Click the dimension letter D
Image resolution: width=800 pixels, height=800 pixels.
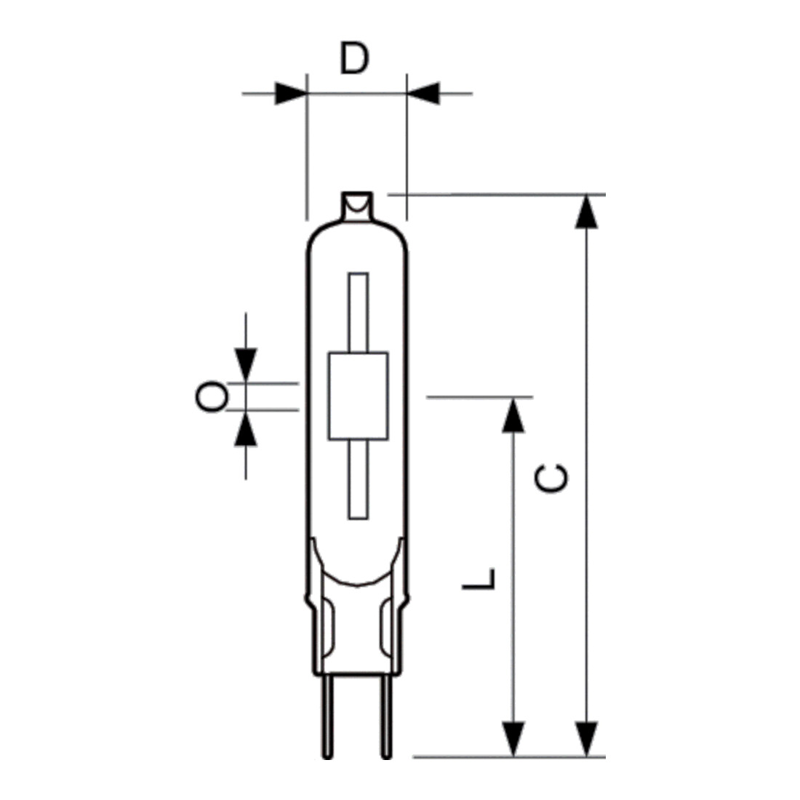(354, 58)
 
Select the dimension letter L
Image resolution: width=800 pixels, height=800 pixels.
(479, 579)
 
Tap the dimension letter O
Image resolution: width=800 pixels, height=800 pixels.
(212, 396)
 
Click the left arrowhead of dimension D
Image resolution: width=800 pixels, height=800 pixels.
(291, 93)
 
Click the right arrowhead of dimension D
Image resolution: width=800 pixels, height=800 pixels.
(423, 93)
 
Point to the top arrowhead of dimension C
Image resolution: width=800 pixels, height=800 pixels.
(586, 212)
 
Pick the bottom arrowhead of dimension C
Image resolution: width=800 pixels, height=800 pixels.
(586, 740)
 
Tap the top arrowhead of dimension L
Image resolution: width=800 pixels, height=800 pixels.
(513, 415)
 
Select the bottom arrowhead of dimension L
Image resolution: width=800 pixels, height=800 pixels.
(513, 740)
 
